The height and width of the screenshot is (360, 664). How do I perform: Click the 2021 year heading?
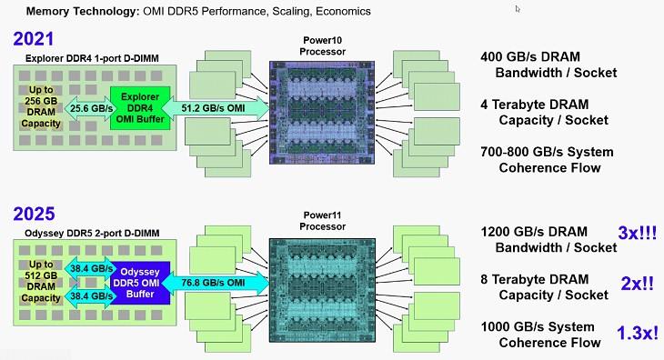34,39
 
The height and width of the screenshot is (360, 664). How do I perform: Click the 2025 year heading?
34,214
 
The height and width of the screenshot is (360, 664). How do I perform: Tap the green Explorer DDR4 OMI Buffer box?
140,108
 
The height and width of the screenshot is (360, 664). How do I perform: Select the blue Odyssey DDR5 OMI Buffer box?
140,283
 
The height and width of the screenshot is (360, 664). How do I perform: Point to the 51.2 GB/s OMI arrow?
216,108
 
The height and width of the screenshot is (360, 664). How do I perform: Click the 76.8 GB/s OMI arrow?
216,283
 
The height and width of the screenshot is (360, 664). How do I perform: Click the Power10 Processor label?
323,45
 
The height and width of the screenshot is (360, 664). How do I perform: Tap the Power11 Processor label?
323,221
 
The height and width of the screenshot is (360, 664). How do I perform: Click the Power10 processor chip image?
322,113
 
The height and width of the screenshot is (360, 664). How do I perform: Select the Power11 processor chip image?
322,290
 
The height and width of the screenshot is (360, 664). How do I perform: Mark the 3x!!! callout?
638,233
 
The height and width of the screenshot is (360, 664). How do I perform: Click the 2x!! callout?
638,284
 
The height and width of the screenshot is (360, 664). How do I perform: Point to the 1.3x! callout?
638,333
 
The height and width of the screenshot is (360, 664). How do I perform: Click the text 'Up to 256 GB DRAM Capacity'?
41,106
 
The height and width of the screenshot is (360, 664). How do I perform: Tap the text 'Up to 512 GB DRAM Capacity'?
41,281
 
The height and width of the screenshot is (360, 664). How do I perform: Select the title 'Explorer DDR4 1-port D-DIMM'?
92,58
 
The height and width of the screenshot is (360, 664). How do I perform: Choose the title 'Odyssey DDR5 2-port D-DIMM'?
92,233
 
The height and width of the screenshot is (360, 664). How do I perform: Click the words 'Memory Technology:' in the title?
83,12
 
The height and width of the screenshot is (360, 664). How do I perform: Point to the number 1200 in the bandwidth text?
495,232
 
